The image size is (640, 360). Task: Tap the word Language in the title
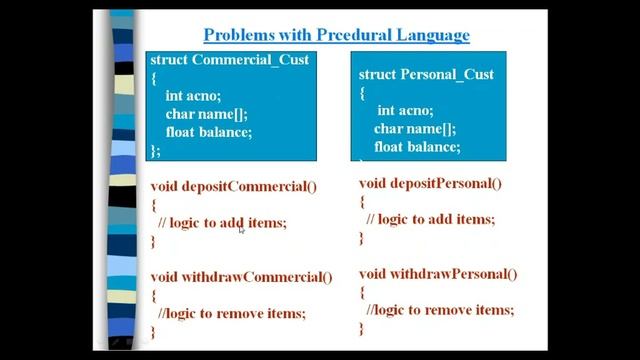point(424,36)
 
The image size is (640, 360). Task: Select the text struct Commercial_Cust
point(229,60)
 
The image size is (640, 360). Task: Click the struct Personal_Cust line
point(425,75)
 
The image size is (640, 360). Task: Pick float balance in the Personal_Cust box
point(417,147)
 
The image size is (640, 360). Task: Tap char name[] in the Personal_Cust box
point(415,129)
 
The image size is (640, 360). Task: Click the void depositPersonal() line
point(430,183)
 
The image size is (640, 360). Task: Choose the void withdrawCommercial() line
point(241,277)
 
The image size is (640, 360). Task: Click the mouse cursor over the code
point(242,229)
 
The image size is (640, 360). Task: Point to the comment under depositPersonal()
point(430,219)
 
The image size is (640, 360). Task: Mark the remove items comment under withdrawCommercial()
point(232,313)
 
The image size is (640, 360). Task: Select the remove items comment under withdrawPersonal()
point(440,310)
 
